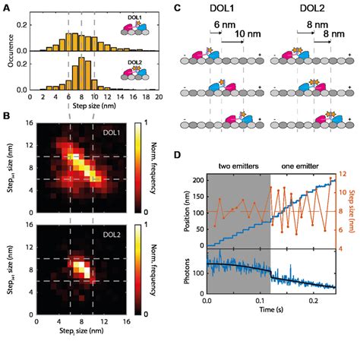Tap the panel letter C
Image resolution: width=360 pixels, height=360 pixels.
[177, 6]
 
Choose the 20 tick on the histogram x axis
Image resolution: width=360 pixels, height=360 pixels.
[158, 99]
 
